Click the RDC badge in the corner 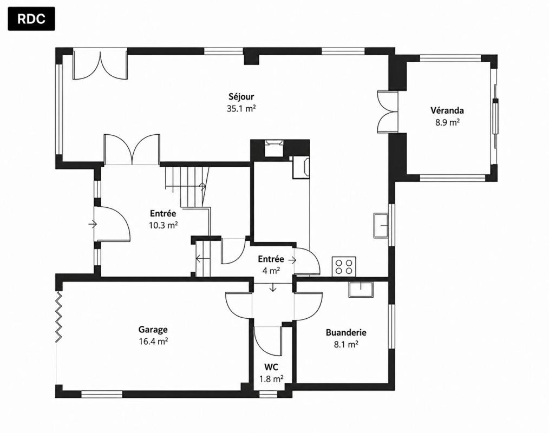click(31, 18)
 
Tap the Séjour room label click(241, 96)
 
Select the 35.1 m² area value click(241, 108)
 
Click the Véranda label click(447, 110)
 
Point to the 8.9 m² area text click(447, 122)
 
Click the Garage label click(153, 330)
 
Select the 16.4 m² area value click(153, 342)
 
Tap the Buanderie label click(346, 332)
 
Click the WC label click(271, 367)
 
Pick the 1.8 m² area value click(271, 379)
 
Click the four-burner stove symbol click(344, 266)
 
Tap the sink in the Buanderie click(361, 289)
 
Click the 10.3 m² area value click(163, 225)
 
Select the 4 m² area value click(271, 271)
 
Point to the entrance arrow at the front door click(93, 224)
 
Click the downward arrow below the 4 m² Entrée click(273, 287)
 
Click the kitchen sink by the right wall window click(382, 225)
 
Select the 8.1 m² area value click(346, 344)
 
